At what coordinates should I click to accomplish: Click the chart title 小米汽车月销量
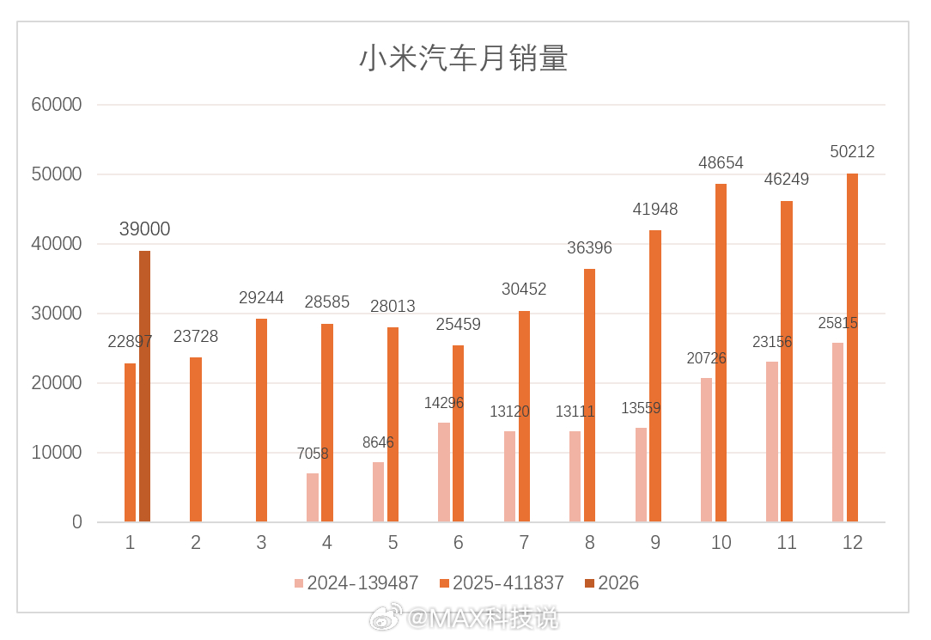click(463, 59)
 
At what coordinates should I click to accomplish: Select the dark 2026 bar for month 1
click(144, 387)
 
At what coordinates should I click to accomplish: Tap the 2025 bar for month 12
click(852, 348)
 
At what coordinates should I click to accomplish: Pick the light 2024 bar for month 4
click(313, 497)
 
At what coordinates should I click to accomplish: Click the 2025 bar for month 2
click(196, 439)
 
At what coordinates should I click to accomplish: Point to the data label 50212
click(852, 152)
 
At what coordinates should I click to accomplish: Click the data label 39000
click(144, 229)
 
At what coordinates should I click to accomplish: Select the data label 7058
click(313, 454)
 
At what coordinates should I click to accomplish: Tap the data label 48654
click(721, 163)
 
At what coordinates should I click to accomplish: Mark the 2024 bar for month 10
click(706, 449)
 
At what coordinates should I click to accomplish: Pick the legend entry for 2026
click(618, 583)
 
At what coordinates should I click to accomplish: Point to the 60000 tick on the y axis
click(57, 105)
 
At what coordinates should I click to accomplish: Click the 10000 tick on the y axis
click(57, 453)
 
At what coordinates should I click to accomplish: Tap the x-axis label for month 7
click(524, 543)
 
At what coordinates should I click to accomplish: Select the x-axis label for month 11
click(786, 543)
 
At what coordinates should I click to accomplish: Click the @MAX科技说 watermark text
click(482, 617)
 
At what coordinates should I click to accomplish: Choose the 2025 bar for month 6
click(458, 434)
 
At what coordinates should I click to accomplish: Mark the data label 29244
click(261, 298)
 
